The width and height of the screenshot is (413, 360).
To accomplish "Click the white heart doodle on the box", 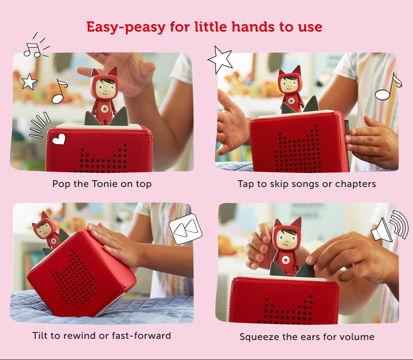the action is [59, 139].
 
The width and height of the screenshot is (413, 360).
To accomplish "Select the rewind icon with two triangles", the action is [185, 229].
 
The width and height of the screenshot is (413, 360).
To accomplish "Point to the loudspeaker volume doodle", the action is [389, 226].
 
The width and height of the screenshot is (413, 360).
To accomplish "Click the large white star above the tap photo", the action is [220, 60].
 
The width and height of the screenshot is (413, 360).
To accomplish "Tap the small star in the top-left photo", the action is [29, 82].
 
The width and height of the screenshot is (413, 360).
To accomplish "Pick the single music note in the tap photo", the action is [388, 87].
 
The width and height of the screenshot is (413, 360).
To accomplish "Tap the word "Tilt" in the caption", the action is [41, 336].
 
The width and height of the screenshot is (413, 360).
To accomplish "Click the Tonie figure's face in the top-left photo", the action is [105, 87].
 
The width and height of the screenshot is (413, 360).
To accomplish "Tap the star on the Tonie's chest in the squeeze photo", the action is [286, 260].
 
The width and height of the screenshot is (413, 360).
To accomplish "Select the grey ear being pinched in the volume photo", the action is [305, 270].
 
